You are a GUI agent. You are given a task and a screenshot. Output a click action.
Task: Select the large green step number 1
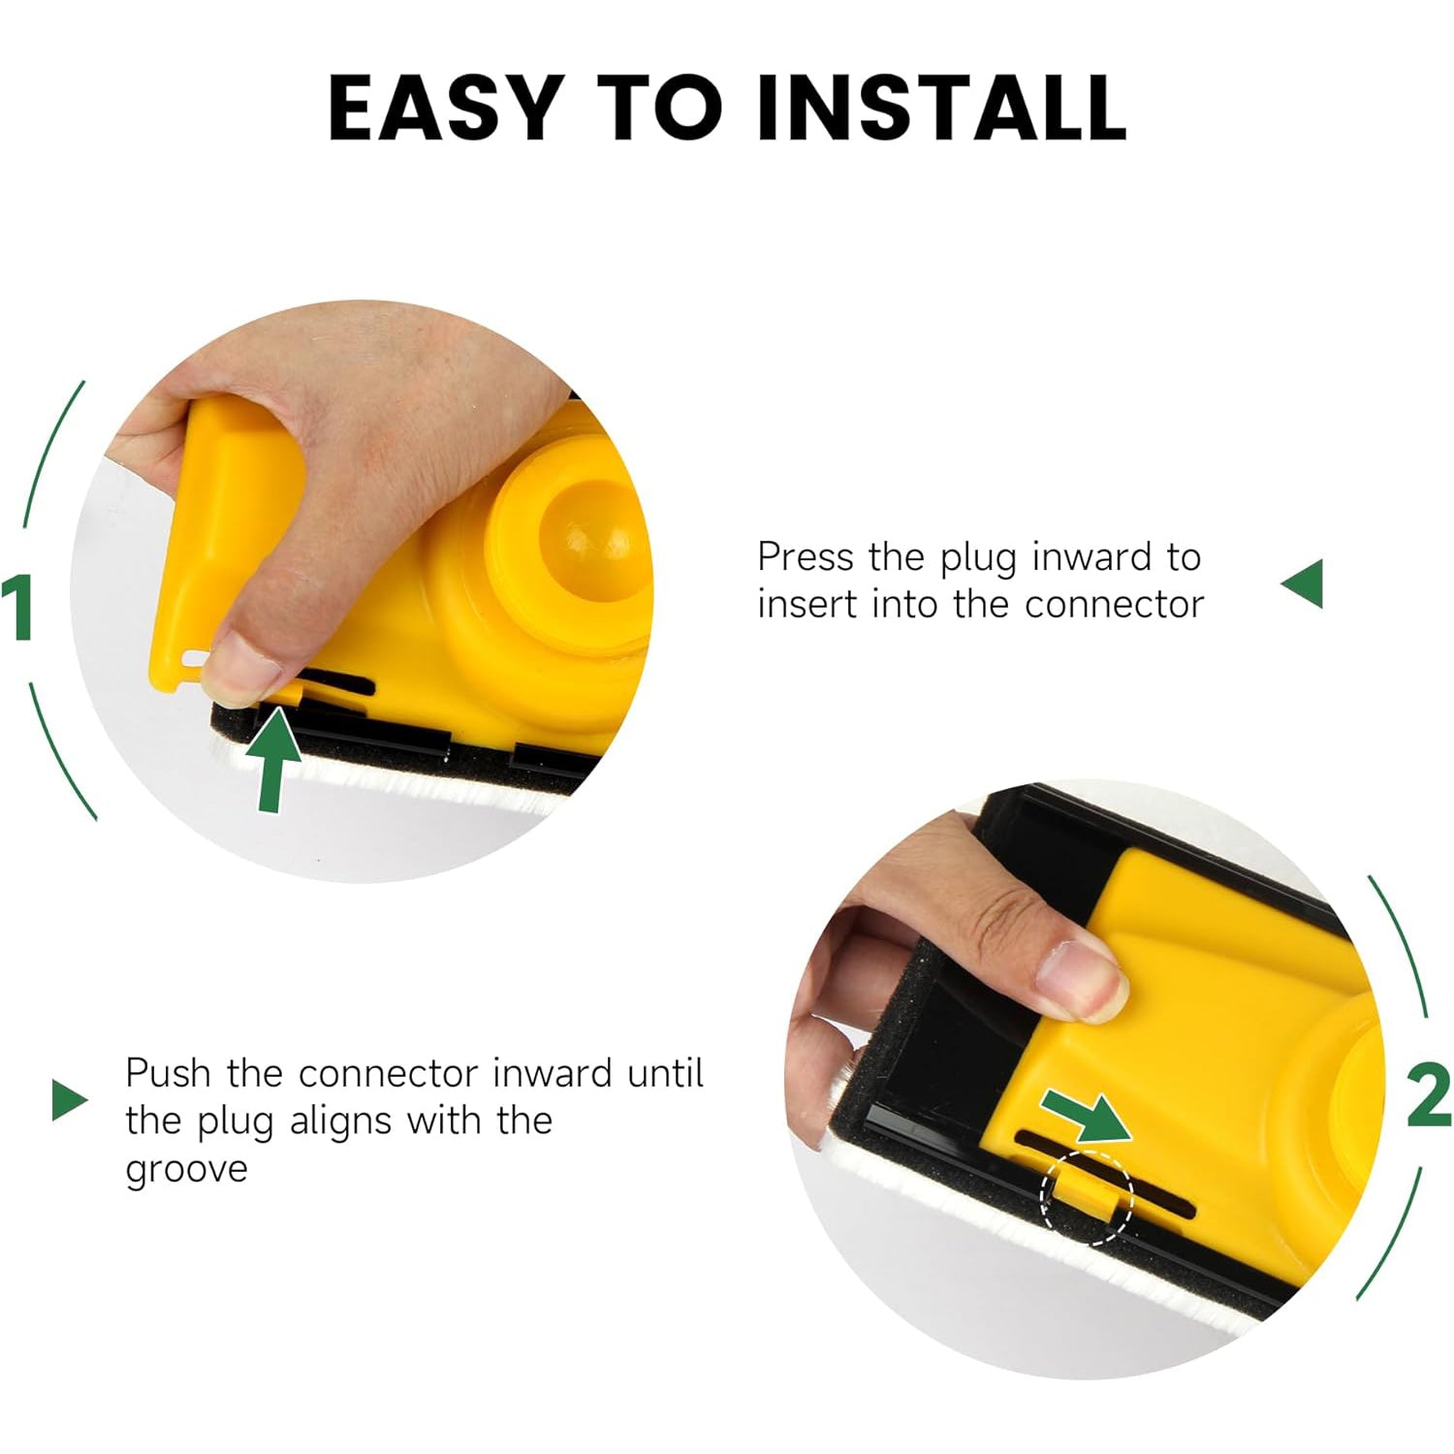click(x=19, y=608)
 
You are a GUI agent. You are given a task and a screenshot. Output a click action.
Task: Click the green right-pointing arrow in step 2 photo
click(x=1088, y=1117)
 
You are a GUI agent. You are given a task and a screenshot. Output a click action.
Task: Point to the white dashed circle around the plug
click(x=1087, y=1197)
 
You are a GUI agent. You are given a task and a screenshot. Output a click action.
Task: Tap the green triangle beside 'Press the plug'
click(x=1304, y=584)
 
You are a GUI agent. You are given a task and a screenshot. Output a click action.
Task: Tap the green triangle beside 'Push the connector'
click(x=68, y=1100)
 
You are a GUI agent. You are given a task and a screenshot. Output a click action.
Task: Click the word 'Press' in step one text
click(x=805, y=557)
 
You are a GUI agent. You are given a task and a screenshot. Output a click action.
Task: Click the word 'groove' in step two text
click(x=186, y=1170)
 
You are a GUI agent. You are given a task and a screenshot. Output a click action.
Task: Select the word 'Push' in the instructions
click(x=167, y=1074)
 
